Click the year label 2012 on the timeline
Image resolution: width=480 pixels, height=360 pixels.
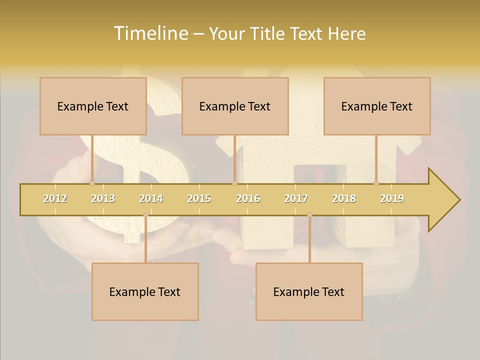55,198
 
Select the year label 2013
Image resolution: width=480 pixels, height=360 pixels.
103,198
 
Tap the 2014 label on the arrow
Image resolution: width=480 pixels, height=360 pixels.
151,198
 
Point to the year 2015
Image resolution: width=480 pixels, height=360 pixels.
199,198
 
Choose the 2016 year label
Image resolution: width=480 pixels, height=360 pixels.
248,198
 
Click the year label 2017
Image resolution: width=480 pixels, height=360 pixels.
296,198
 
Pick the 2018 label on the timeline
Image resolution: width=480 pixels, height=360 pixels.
344,198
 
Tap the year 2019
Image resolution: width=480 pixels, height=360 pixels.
392,198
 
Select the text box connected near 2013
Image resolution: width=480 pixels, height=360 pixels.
93,106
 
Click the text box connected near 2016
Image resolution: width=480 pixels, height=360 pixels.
235,106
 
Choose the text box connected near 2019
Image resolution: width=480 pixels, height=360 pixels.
377,106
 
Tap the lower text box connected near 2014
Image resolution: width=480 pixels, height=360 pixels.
145,291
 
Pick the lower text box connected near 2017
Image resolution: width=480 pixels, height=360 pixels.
309,291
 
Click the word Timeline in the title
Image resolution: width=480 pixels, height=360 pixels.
150,33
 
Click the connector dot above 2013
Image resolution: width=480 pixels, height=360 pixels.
92,183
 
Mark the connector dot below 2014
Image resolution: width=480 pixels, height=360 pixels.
145,215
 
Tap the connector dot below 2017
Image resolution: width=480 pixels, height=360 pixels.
309,215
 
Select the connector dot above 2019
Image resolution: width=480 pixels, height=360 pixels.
376,183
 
